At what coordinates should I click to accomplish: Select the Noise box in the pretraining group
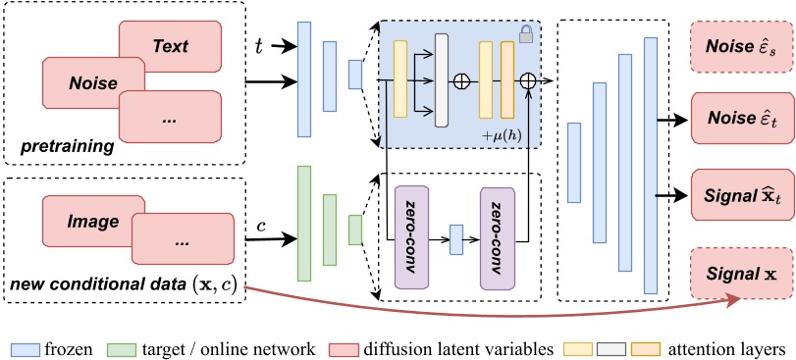[92, 84]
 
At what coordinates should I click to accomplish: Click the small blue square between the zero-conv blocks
[455, 239]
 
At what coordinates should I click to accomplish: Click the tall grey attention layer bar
[441, 80]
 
